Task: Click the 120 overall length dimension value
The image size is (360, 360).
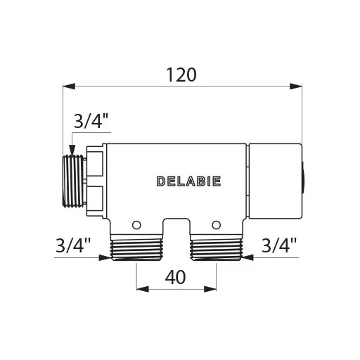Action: [x=181, y=75]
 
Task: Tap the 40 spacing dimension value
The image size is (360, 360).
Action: [x=175, y=277]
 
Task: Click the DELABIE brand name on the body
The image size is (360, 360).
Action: [x=188, y=181]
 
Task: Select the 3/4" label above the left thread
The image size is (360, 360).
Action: [x=91, y=121]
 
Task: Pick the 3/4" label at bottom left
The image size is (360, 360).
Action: [x=73, y=245]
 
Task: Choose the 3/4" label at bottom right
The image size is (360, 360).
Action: [x=279, y=245]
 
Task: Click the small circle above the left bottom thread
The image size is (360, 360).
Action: [x=136, y=225]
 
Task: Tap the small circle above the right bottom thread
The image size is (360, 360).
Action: [x=216, y=225]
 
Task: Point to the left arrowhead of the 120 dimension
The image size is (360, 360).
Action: [x=69, y=86]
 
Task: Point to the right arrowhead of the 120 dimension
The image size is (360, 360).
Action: [x=296, y=86]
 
